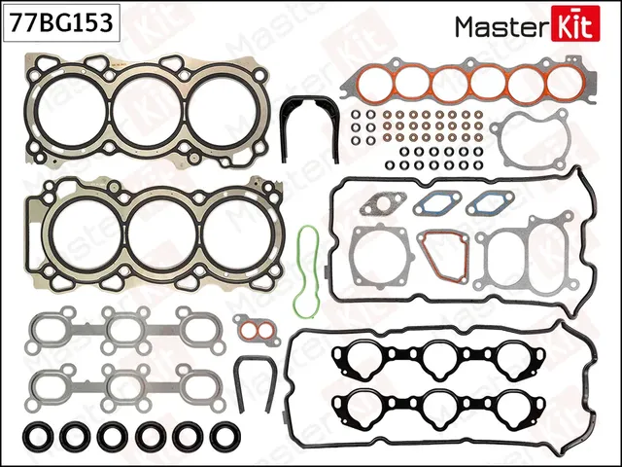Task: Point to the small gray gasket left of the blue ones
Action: point(377,205)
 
